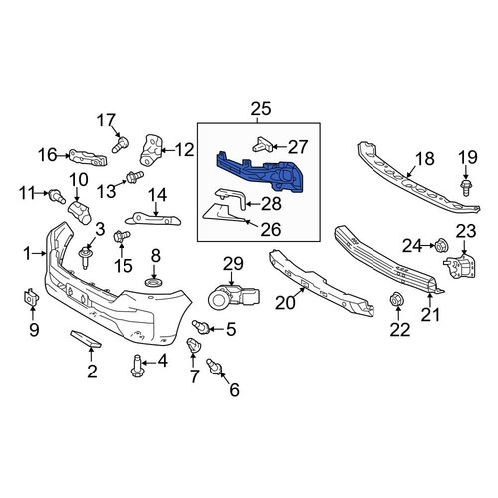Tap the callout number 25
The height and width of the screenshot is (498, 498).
[261, 109]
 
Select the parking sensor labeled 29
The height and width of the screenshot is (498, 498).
[234, 296]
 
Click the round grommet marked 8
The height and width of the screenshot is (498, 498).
[154, 283]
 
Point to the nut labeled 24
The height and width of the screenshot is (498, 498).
[442, 245]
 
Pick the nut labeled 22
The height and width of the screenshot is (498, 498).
[396, 300]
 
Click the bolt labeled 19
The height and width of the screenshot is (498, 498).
[466, 188]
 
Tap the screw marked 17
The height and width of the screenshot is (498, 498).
[121, 145]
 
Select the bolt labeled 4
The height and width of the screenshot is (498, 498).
[137, 366]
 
